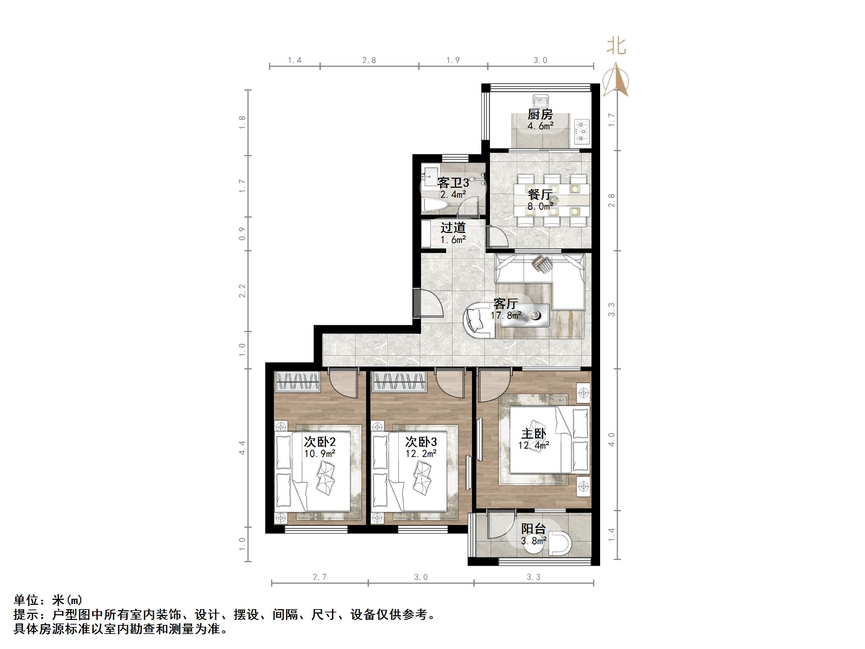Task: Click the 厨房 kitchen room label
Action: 540,115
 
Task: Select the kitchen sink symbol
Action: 541,101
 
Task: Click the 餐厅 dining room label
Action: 540,195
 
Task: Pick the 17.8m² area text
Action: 506,315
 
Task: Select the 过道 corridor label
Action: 453,228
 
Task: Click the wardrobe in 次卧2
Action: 298,382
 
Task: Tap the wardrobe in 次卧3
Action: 399,382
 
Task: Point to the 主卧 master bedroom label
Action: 533,434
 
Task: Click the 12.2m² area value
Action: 421,453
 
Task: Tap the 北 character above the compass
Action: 616,47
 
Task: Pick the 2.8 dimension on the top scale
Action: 369,60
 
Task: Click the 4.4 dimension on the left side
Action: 242,448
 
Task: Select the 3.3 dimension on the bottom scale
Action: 533,577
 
